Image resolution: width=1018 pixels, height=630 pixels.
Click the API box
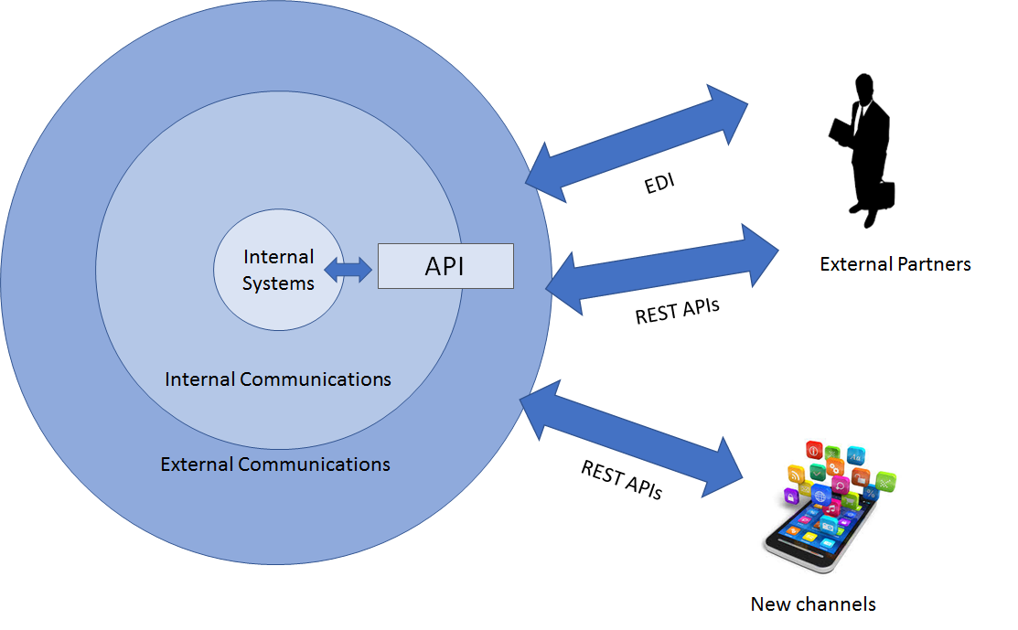pyautogui.click(x=445, y=266)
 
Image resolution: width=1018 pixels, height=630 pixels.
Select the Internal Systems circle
pyautogui.click(x=279, y=270)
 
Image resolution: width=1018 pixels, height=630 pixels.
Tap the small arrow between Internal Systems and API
pyautogui.click(x=348, y=269)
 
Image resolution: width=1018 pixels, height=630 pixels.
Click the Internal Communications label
pyautogui.click(x=278, y=379)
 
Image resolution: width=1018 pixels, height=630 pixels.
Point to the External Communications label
pyautogui.click(x=275, y=464)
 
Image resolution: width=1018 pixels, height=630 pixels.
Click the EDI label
pyautogui.click(x=659, y=184)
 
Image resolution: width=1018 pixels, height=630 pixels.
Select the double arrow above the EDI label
pyautogui.click(x=637, y=144)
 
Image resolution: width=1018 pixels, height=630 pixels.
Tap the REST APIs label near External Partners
pyautogui.click(x=677, y=311)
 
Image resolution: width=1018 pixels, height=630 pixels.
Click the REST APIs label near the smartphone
pyautogui.click(x=621, y=479)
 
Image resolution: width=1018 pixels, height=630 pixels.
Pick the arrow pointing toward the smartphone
pyautogui.click(x=631, y=439)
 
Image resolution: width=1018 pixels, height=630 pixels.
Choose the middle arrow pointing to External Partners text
pyautogui.click(x=662, y=270)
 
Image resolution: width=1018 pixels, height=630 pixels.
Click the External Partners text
pyautogui.click(x=895, y=264)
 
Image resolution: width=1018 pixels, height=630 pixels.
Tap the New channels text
pyautogui.click(x=813, y=604)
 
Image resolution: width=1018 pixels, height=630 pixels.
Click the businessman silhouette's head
pyautogui.click(x=864, y=88)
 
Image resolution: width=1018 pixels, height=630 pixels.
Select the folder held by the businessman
pyautogui.click(x=841, y=132)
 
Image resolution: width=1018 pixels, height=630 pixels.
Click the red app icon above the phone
pyautogui.click(x=814, y=450)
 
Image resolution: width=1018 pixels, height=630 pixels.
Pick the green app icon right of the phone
pyautogui.click(x=885, y=482)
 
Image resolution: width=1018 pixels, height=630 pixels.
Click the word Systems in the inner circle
pyautogui.click(x=278, y=283)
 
